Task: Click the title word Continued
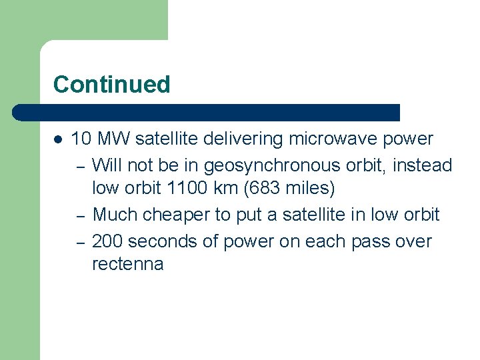click(111, 85)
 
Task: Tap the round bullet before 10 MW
click(58, 139)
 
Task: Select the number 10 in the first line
click(81, 139)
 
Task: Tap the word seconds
click(164, 241)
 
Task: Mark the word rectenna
click(127, 265)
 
